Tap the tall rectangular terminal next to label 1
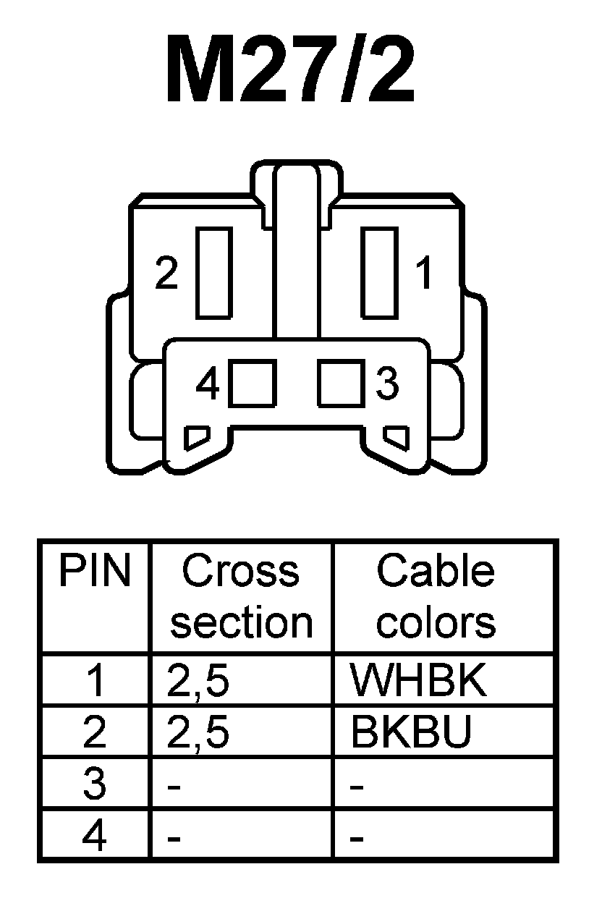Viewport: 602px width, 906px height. point(380,272)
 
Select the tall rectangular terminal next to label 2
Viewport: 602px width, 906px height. point(213,272)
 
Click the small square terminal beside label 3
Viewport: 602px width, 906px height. point(340,384)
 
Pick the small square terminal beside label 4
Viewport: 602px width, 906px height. point(253,384)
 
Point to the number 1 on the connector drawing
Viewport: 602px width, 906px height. point(423,275)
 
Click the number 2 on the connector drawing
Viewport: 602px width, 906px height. point(167,275)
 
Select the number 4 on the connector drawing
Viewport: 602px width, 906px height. point(208,384)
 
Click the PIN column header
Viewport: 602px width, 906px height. point(95,572)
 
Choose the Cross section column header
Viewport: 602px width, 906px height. point(241,597)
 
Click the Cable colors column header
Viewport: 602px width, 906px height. point(436,597)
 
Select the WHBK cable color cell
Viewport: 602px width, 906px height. point(417,680)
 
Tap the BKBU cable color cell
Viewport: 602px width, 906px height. point(411,732)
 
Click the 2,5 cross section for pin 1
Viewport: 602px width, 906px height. point(198,682)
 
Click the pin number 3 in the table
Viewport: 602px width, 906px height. point(95,784)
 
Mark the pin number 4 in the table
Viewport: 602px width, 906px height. point(95,837)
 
